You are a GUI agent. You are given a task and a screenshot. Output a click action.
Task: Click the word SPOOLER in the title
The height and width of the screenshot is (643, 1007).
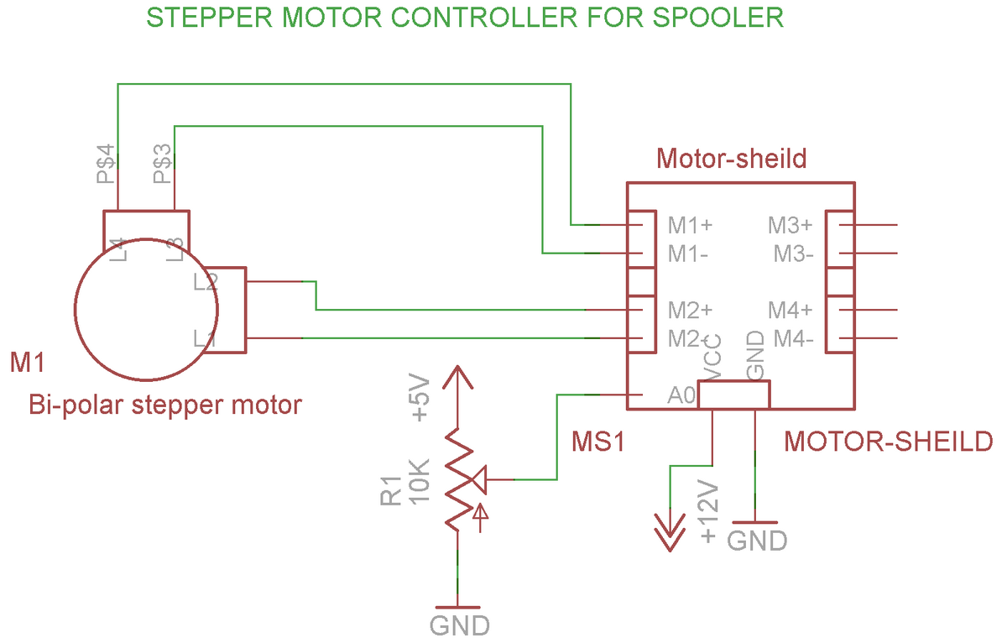tap(717, 18)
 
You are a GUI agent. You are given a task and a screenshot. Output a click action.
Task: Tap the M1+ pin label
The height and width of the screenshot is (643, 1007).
tap(690, 225)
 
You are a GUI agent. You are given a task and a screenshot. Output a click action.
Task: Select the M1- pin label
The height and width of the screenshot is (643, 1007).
tap(688, 254)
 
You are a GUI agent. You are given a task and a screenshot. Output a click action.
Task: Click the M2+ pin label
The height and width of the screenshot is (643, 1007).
tap(690, 311)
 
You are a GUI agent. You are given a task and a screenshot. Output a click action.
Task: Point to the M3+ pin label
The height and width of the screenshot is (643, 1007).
tap(790, 225)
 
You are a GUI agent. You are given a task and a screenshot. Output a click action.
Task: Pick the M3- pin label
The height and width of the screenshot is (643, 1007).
tap(794, 254)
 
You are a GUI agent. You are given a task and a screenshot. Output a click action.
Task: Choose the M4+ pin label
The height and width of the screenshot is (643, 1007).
tap(790, 311)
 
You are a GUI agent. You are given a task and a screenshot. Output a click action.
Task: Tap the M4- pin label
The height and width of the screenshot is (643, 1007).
tap(794, 339)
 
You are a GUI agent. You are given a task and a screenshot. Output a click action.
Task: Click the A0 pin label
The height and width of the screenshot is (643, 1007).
tap(681, 395)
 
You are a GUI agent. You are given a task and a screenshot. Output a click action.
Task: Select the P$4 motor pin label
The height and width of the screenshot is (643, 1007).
tap(106, 164)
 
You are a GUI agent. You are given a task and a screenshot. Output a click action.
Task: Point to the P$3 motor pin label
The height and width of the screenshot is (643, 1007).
tap(163, 164)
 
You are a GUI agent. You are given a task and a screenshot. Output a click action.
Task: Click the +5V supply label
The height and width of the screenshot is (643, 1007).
tap(420, 398)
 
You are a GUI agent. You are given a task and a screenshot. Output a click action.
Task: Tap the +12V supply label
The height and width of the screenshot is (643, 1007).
tap(708, 511)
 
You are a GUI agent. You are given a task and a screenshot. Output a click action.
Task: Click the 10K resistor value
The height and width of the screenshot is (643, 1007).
tap(420, 482)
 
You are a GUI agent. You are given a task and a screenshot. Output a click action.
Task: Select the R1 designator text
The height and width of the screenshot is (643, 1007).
tap(391, 491)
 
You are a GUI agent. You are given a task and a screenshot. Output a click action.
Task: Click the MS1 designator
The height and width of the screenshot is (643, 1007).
tap(598, 442)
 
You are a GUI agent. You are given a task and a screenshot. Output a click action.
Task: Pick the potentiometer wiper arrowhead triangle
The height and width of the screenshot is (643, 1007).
tap(479, 480)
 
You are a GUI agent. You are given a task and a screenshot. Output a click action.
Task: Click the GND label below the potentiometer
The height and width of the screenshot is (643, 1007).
tap(460, 625)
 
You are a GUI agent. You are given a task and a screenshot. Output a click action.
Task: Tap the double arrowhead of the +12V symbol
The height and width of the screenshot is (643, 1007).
tap(670, 533)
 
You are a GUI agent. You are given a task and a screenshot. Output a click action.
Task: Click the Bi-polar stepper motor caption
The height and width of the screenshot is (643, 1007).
tap(165, 405)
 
